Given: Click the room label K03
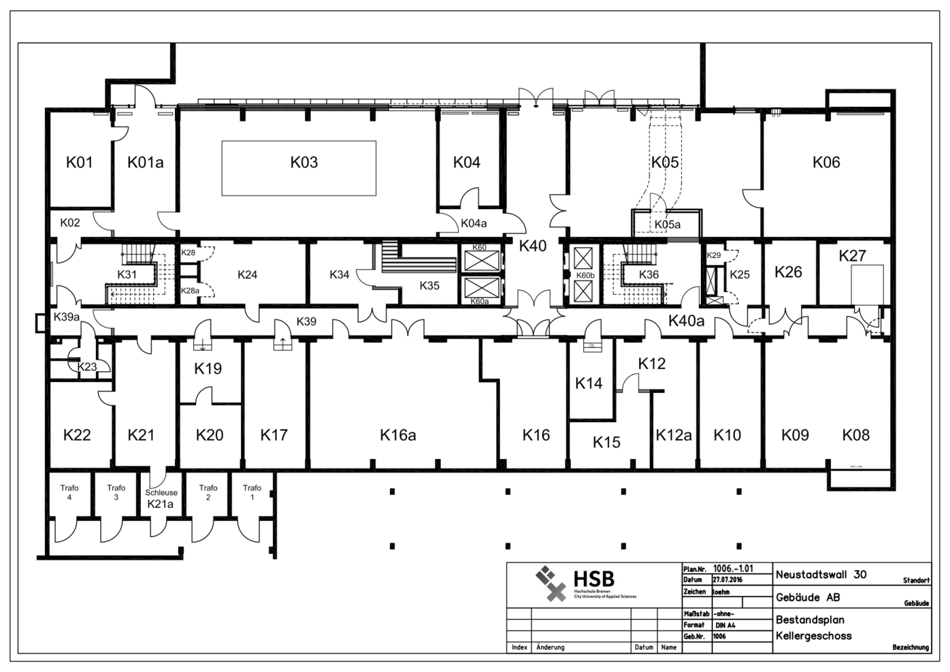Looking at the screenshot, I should [304, 162].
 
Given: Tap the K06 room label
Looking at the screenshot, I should [826, 162].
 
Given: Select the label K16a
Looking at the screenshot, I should [397, 435].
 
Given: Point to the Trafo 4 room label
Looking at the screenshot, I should [69, 492].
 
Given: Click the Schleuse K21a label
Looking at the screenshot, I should [161, 498].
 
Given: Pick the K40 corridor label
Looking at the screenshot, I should [532, 246].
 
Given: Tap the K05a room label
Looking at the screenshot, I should [667, 224].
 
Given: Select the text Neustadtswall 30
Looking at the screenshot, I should [821, 574].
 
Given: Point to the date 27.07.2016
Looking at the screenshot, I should [727, 580].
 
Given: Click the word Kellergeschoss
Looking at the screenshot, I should [813, 636].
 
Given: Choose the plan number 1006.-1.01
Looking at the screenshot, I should [733, 569].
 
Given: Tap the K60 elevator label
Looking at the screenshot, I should [479, 247].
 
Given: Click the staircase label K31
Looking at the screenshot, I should [127, 274].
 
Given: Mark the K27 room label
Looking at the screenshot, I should [852, 256].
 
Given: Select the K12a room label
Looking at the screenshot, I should [673, 435].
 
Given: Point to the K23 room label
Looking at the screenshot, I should [87, 366].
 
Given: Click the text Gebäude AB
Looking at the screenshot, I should [808, 598].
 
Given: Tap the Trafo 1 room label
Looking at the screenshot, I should [252, 492].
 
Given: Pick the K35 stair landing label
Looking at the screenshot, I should [429, 285].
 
